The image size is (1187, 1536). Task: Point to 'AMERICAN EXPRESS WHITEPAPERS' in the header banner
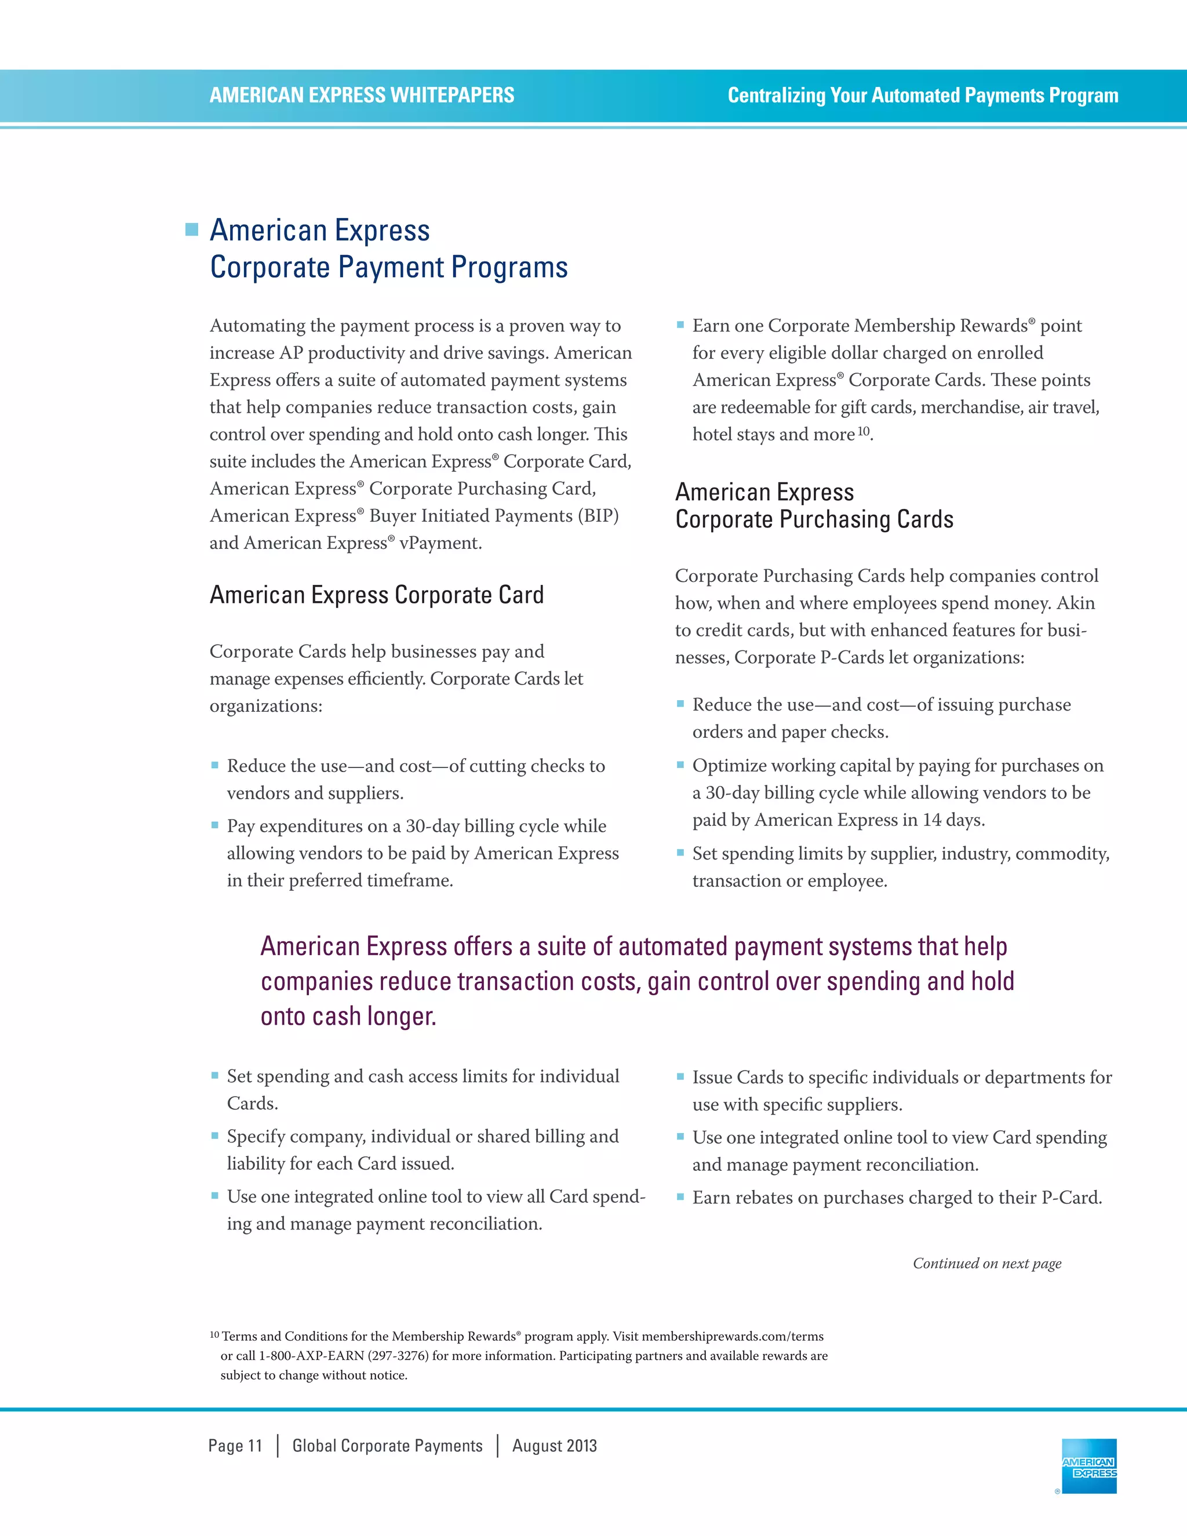[x=362, y=95]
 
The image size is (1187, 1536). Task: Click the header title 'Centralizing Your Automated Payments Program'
[x=923, y=95]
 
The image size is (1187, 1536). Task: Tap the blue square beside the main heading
[x=191, y=230]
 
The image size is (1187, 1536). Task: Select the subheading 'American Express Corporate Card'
[x=376, y=595]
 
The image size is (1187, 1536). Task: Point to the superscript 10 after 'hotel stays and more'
[x=864, y=431]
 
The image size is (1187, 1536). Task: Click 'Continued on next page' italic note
[x=986, y=1263]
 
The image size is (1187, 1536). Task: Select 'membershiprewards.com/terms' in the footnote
[x=732, y=1336]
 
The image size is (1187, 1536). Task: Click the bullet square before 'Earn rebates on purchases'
[x=680, y=1196]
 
